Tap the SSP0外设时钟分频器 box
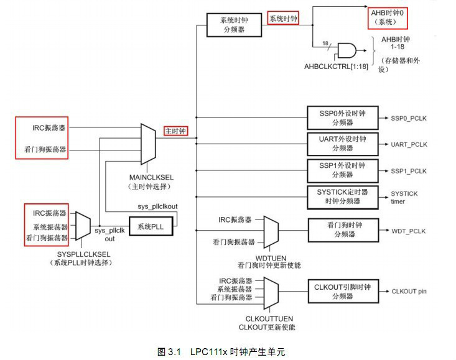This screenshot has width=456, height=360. pos(343,118)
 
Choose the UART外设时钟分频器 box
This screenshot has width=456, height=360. pos(343,144)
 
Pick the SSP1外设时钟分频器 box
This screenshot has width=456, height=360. pos(343,170)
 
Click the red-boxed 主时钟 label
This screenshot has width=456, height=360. pos(175,131)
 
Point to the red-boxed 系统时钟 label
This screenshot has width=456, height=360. pos(283,19)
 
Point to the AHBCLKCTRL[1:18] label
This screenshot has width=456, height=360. pos(336,66)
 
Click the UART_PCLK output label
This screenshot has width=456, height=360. pos(409,144)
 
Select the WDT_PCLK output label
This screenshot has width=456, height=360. pos(408,231)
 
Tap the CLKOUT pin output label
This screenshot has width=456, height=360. pos(409,291)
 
